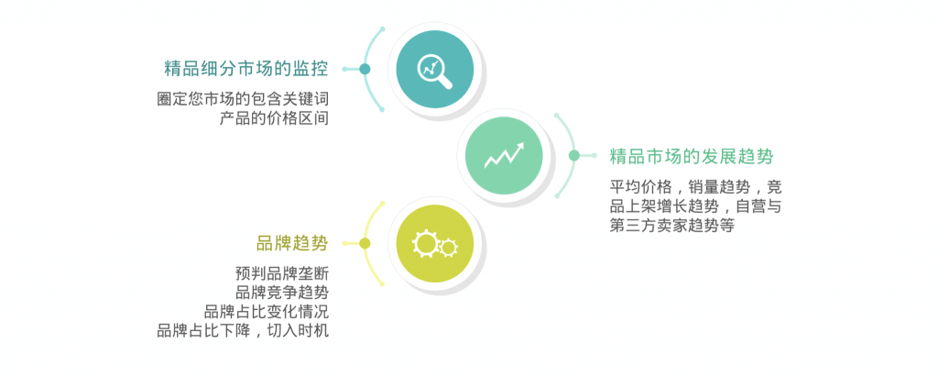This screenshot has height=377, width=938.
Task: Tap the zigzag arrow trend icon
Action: (505, 155)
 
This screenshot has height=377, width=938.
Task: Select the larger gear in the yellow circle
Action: (425, 243)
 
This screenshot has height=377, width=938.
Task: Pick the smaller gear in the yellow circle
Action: (448, 247)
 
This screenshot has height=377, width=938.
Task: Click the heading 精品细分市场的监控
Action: (245, 69)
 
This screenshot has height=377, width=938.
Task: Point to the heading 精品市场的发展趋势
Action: (692, 157)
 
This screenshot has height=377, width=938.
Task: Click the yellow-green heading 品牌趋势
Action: (292, 243)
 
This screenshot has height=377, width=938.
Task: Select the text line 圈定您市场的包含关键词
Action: (243, 100)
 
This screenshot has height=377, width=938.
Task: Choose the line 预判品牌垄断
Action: (282, 274)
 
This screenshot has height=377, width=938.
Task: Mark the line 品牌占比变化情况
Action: (267, 312)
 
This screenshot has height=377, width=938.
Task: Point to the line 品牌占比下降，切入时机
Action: (243, 330)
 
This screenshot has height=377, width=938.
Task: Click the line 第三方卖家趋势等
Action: (671, 226)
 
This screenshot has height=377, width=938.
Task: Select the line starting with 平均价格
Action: (696, 187)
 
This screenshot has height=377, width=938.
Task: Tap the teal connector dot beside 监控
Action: (365, 69)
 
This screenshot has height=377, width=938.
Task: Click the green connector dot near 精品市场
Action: (574, 156)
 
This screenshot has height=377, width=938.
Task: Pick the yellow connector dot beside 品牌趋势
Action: (365, 243)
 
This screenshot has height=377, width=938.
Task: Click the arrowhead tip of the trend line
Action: (523, 143)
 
